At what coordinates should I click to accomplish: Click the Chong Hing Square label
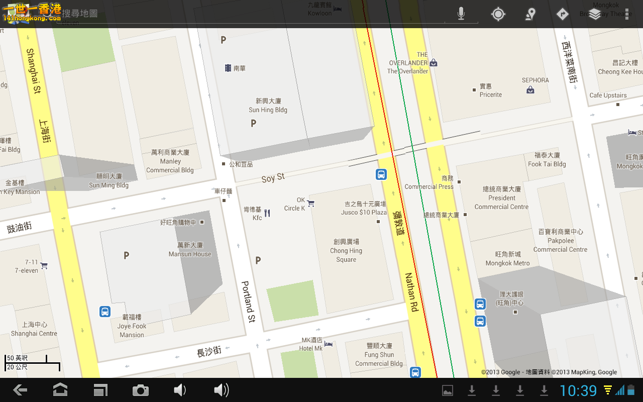click(346, 251)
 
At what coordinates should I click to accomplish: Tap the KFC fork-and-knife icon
click(267, 213)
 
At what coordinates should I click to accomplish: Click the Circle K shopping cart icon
click(311, 203)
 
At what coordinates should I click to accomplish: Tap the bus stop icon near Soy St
click(381, 174)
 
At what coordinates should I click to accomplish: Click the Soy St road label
click(273, 177)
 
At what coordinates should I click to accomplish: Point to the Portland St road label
click(248, 301)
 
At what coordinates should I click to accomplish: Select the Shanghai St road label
click(33, 71)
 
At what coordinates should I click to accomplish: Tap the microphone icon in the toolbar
click(461, 14)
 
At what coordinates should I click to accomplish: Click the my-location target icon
click(498, 14)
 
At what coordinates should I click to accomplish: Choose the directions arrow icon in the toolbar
click(563, 14)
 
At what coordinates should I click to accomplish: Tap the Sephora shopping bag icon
click(530, 90)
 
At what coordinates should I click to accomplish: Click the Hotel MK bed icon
click(328, 344)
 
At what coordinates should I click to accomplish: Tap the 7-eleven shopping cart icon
click(44, 265)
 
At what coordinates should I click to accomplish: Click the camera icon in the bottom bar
click(141, 390)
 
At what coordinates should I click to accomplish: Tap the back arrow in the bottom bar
click(20, 390)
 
